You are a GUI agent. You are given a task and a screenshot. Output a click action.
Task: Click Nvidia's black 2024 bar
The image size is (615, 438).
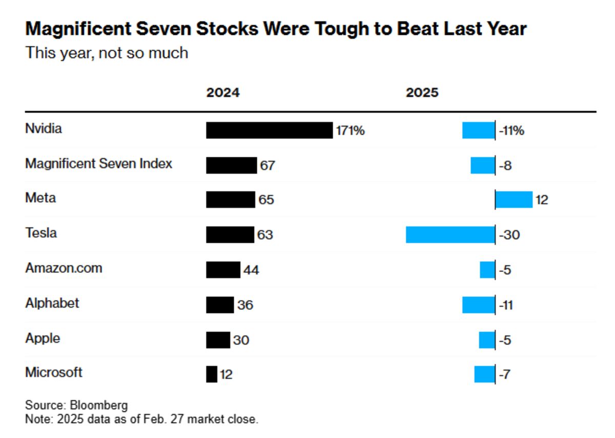pos(269,130)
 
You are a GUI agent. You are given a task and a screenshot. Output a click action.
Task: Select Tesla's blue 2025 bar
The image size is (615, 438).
pos(450,235)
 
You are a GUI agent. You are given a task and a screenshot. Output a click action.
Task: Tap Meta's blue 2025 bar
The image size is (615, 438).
pos(514,199)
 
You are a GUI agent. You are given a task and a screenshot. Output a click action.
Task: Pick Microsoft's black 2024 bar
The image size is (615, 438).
pos(212,374)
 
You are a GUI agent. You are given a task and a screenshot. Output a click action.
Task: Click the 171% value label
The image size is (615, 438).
pos(350,131)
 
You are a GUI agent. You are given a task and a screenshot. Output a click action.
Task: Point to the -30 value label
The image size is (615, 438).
pos(510,235)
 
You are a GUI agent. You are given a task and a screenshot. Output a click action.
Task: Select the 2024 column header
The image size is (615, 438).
pos(223,93)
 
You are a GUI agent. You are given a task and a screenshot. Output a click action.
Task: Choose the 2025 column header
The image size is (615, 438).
pos(422,93)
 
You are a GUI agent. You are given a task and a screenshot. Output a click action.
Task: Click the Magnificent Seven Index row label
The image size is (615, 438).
pos(99,164)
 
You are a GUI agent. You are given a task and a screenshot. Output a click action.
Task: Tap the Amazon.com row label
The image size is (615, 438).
pos(64,268)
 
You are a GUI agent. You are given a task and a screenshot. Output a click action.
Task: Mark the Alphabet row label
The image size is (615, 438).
pos(52,303)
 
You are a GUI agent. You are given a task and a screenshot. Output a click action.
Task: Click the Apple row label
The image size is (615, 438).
pos(43,338)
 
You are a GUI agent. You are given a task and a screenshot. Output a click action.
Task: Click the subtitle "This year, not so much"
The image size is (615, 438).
pos(107,52)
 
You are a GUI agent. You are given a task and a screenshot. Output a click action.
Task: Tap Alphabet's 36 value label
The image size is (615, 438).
pos(245,305)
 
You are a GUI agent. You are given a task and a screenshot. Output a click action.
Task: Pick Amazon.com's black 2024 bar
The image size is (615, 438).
pos(223,269)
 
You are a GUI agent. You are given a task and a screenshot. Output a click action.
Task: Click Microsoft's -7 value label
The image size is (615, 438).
pos(504,374)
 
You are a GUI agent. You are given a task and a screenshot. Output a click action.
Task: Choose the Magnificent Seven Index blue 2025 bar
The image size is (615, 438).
pos(482,165)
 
